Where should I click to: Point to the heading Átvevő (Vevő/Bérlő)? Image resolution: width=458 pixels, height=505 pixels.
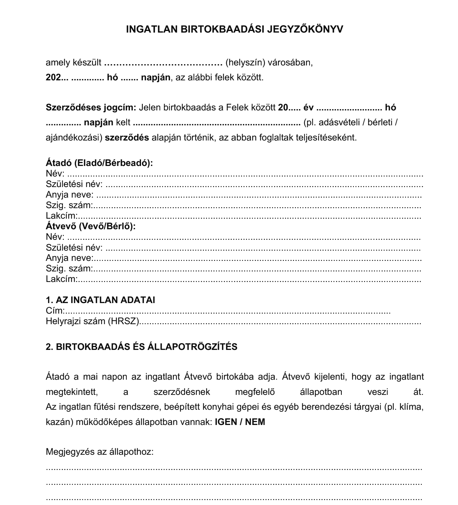(x=91, y=226)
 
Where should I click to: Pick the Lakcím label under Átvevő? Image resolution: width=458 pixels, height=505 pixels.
(x=61, y=279)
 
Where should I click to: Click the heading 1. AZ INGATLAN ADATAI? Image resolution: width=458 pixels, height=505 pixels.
(x=100, y=300)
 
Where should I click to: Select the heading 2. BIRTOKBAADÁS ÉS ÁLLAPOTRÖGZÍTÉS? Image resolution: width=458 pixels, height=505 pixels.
(x=141, y=346)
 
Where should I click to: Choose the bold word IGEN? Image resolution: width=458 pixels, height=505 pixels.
(x=226, y=422)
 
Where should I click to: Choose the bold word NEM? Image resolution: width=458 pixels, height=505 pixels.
(x=255, y=422)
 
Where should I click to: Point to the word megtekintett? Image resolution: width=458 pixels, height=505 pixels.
(x=72, y=392)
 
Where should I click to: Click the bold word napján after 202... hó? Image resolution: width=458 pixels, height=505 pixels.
(x=156, y=77)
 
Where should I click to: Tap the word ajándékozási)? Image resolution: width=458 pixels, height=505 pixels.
(x=74, y=137)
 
